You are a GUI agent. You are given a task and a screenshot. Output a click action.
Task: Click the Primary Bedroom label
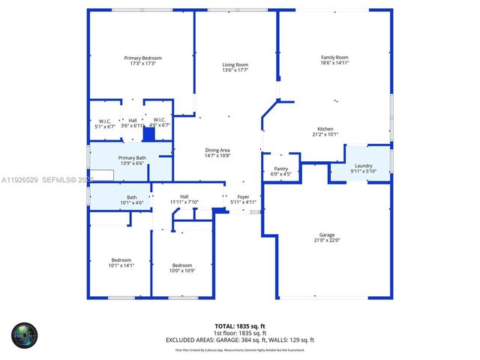coord(142,58)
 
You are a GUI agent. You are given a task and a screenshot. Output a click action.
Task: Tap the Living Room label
coord(235,64)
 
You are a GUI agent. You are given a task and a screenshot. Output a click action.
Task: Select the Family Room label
coord(334,58)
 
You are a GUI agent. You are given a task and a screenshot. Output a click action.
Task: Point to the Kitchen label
coord(325,129)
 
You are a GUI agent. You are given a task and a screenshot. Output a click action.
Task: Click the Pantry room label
coord(281,169)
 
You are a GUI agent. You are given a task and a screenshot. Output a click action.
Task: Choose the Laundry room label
coord(364,166)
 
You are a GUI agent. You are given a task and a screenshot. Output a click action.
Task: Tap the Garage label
coord(325,235)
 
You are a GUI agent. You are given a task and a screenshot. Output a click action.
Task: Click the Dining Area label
coord(217,150)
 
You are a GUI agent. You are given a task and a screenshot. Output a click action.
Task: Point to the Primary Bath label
coord(132,157)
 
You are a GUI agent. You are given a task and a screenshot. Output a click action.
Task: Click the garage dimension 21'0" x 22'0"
coord(326,241)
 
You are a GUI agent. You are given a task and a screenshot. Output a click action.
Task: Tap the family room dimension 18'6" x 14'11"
coord(334,64)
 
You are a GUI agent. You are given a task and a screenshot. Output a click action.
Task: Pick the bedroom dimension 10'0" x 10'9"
coord(182,271)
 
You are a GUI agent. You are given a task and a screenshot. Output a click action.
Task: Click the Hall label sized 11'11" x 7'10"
coord(184,196)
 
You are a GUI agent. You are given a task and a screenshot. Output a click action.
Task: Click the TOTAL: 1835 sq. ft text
coord(239,325)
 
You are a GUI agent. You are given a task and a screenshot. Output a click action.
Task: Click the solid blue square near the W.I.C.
coord(148,135)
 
